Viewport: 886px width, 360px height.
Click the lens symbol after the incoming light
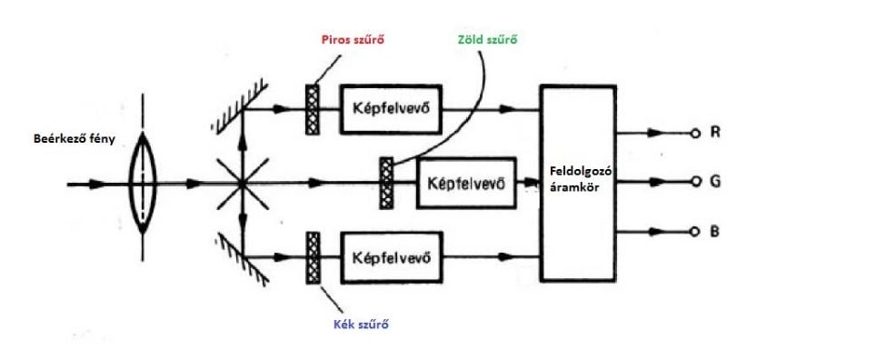coord(141,183)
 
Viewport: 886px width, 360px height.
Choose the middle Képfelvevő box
coord(466,182)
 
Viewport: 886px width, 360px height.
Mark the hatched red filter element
coord(311,109)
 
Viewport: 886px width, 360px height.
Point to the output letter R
coord(716,133)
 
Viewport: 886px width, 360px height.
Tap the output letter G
coord(716,181)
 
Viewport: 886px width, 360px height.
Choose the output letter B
coord(716,232)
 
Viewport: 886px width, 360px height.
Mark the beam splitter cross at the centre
coord(242,183)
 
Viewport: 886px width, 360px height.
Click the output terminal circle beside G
coord(694,182)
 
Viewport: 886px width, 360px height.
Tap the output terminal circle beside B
coord(694,233)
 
